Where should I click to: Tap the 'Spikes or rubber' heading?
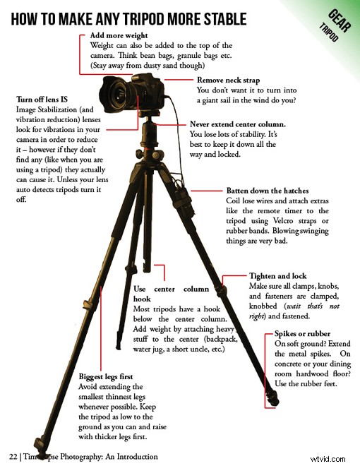click(x=304, y=333)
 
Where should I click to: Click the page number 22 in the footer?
click(x=13, y=456)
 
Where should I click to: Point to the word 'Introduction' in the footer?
click(x=133, y=456)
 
